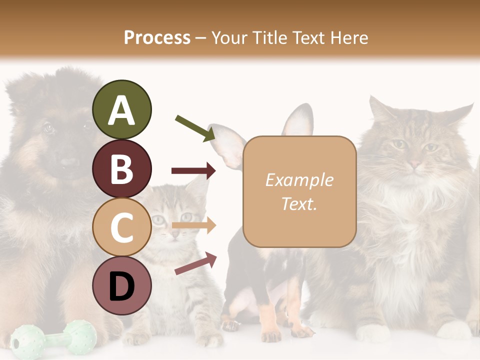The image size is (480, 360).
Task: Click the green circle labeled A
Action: pos(121,110)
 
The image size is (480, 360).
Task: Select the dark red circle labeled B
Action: pos(121,168)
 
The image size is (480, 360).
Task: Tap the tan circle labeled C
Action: pos(121,227)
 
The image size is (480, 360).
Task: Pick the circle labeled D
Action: pos(121,285)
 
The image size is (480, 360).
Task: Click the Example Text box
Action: pos(299,191)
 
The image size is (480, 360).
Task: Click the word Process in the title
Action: pos(157,37)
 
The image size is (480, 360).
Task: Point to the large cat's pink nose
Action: pos(414,163)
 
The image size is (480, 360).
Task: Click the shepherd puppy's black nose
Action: pos(69,162)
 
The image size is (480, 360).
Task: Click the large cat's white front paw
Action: pos(372,332)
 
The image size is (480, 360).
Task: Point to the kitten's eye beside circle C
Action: pos(158,219)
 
